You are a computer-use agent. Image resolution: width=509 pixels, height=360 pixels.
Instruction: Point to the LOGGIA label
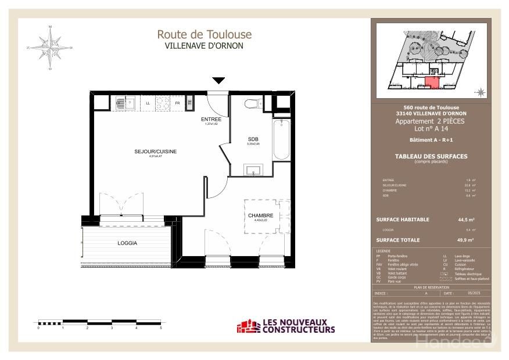[127, 243]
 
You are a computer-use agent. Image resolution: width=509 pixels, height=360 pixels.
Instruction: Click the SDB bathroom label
[253, 139]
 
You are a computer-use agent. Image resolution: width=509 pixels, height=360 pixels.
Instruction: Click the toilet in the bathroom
[251, 104]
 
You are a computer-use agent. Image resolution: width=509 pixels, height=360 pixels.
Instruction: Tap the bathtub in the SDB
[281, 140]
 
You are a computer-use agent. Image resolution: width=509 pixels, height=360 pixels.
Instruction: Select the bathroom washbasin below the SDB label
[254, 171]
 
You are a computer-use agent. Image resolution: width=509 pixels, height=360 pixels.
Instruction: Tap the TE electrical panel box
[189, 103]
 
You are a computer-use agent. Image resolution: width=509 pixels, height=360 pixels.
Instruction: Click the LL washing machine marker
[148, 103]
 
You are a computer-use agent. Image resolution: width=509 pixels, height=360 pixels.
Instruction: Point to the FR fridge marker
[177, 103]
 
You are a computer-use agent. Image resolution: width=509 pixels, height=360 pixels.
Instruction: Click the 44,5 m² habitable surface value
[466, 219]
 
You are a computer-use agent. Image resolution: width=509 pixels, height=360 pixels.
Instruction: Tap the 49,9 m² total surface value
[466, 240]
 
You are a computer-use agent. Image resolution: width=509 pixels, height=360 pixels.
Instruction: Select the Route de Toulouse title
[204, 35]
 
